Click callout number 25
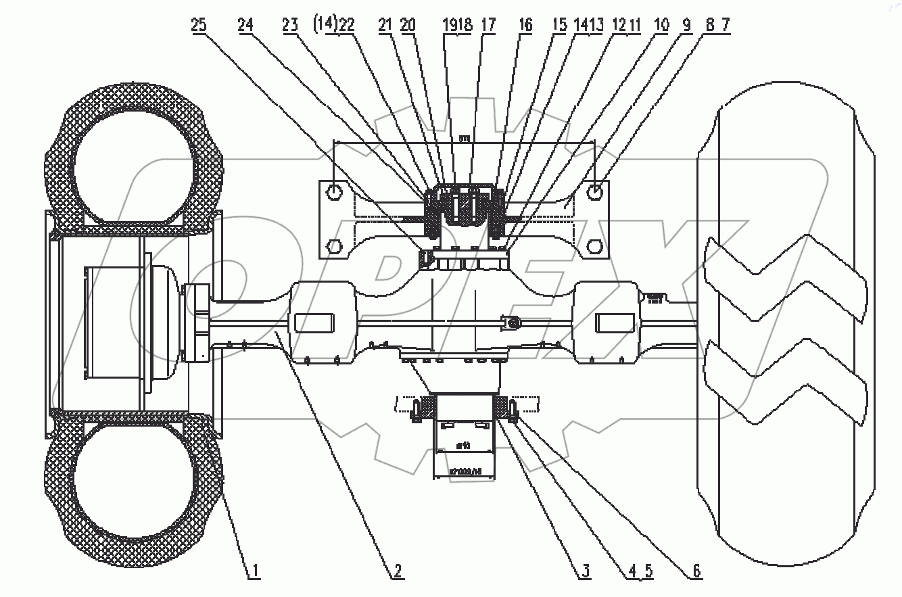tap(198, 26)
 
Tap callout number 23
tap(290, 26)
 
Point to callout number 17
tap(488, 26)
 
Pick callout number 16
tap(524, 26)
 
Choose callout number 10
tap(661, 26)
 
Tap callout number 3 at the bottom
tap(584, 572)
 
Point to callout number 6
tap(694, 572)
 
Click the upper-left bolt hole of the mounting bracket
tap(333, 193)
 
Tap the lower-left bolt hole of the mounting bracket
tap(333, 245)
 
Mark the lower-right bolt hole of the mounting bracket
tap(594, 245)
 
